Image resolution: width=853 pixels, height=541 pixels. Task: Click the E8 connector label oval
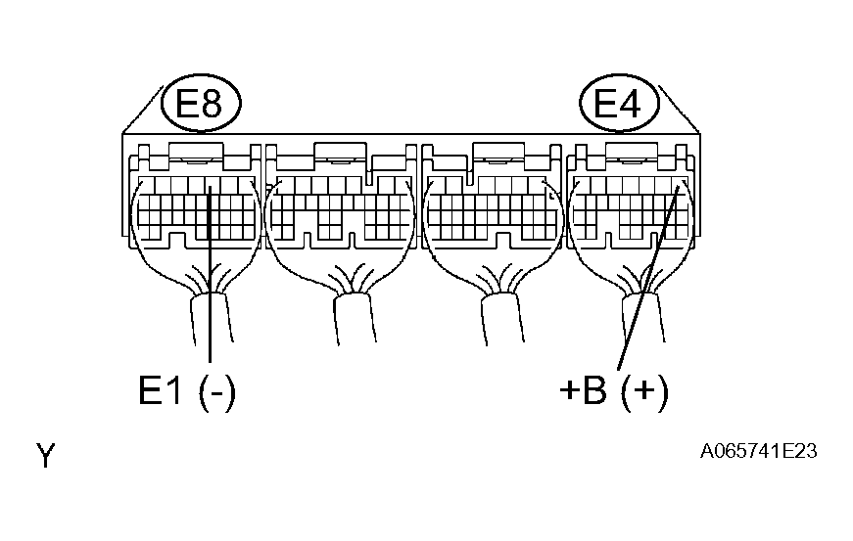(202, 103)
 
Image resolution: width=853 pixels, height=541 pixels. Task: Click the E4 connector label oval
(619, 103)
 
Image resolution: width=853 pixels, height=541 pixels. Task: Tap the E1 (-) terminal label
(187, 392)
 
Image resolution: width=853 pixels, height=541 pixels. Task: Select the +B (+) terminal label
(614, 392)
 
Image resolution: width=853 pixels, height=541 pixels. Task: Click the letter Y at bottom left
(46, 455)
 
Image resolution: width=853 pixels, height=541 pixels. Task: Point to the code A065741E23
(758, 451)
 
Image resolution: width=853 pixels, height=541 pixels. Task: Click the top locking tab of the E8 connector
(197, 151)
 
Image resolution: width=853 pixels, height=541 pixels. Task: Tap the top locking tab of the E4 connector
(632, 151)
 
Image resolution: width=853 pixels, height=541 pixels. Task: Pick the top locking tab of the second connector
(341, 151)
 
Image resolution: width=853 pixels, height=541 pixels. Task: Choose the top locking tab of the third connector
(499, 151)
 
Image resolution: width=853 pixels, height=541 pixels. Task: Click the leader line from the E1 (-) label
(210, 274)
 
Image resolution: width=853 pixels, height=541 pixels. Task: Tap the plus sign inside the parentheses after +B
(644, 390)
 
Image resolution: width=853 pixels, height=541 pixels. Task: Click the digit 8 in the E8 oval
(213, 104)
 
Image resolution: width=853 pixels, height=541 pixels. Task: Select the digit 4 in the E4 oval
(630, 104)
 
